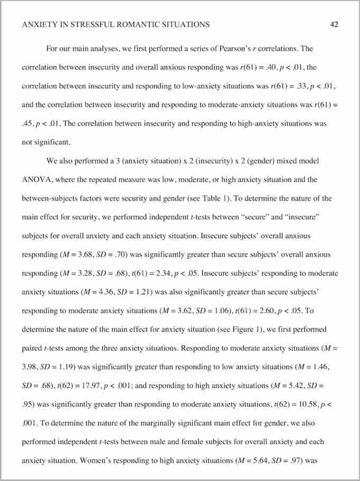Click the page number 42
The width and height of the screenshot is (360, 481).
(334, 24)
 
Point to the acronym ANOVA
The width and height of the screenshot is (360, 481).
(37, 179)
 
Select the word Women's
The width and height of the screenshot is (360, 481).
(98, 460)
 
